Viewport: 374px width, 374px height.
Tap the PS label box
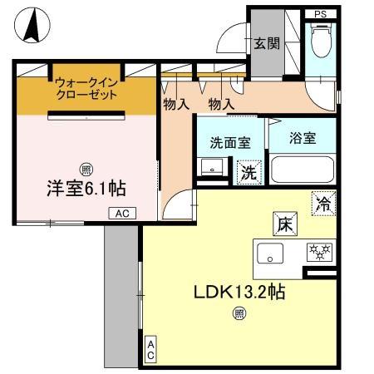320,14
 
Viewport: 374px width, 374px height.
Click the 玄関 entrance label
266,43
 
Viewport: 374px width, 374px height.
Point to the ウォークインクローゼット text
86,88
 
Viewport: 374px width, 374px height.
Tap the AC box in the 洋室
121,214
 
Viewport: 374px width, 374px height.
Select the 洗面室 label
230,141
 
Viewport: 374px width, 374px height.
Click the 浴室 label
303,138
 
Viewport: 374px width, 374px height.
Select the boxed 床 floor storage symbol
283,224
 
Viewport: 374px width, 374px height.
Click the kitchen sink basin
269,254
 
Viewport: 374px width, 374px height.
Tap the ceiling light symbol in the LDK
239,313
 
